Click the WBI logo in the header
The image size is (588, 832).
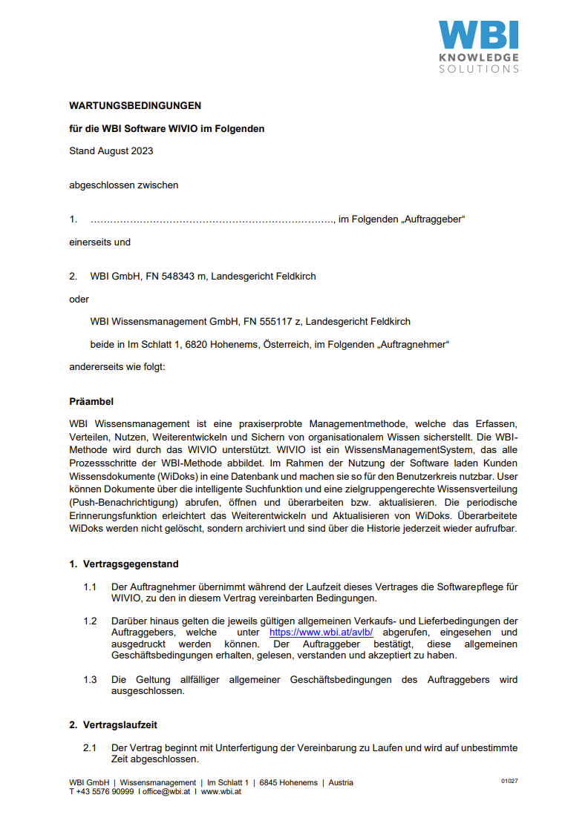(x=477, y=46)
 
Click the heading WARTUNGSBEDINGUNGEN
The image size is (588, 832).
(x=135, y=106)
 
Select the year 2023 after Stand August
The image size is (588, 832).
(x=141, y=151)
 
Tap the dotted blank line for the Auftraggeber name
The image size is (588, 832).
(x=212, y=219)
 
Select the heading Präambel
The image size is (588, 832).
(x=91, y=402)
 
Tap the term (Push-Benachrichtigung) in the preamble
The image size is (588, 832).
(x=119, y=501)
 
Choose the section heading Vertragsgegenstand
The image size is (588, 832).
(x=130, y=564)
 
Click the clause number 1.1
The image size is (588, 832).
(x=90, y=587)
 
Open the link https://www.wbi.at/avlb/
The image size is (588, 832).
(x=321, y=633)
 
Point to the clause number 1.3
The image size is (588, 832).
(x=90, y=680)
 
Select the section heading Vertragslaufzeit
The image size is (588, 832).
(x=119, y=724)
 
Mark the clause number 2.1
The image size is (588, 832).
(x=90, y=748)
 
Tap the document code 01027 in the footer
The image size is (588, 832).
(x=509, y=782)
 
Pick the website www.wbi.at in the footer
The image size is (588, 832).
(x=221, y=791)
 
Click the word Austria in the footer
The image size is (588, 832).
(x=341, y=782)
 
